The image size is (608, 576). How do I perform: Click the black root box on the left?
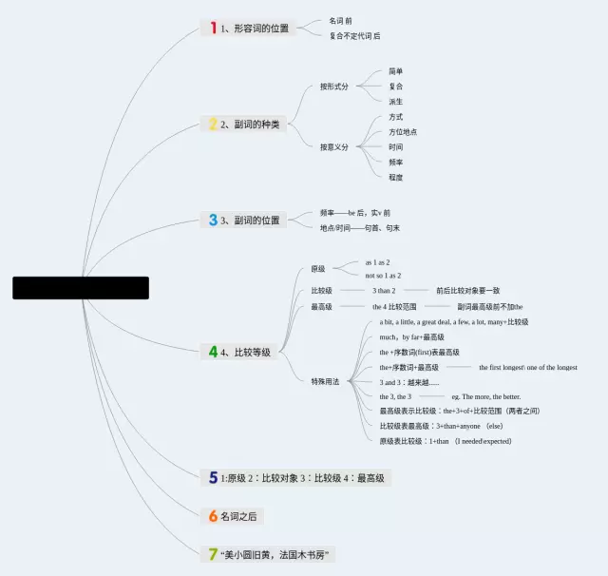coord(81,288)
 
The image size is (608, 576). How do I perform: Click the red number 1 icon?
coord(213,29)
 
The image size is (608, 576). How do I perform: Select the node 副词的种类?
coord(256,125)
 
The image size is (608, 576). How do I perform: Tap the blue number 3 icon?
coord(213,220)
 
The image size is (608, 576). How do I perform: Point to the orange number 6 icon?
coord(213,516)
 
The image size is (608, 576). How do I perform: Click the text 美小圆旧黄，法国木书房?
coord(279,554)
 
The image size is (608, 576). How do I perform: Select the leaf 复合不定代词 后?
coord(354,36)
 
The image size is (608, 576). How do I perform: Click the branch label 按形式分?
coord(334,86)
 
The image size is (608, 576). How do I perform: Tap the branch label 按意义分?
coord(334,147)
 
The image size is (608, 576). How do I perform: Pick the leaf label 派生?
coord(396,102)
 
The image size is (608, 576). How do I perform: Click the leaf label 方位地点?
coord(403,132)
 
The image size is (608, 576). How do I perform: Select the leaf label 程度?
coord(396,177)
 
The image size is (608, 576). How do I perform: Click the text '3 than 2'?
coord(384,291)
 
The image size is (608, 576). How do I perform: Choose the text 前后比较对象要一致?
coord(468,291)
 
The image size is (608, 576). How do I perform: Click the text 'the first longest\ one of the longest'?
coord(527,367)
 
